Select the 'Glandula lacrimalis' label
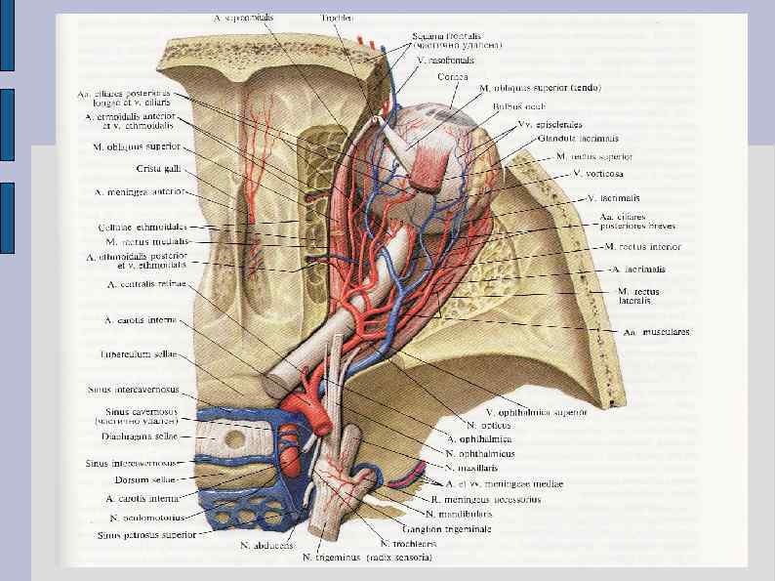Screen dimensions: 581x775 574,139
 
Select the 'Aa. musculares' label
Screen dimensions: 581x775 657,333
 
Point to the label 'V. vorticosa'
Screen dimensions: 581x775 596,173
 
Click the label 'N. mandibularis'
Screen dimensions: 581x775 464,512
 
